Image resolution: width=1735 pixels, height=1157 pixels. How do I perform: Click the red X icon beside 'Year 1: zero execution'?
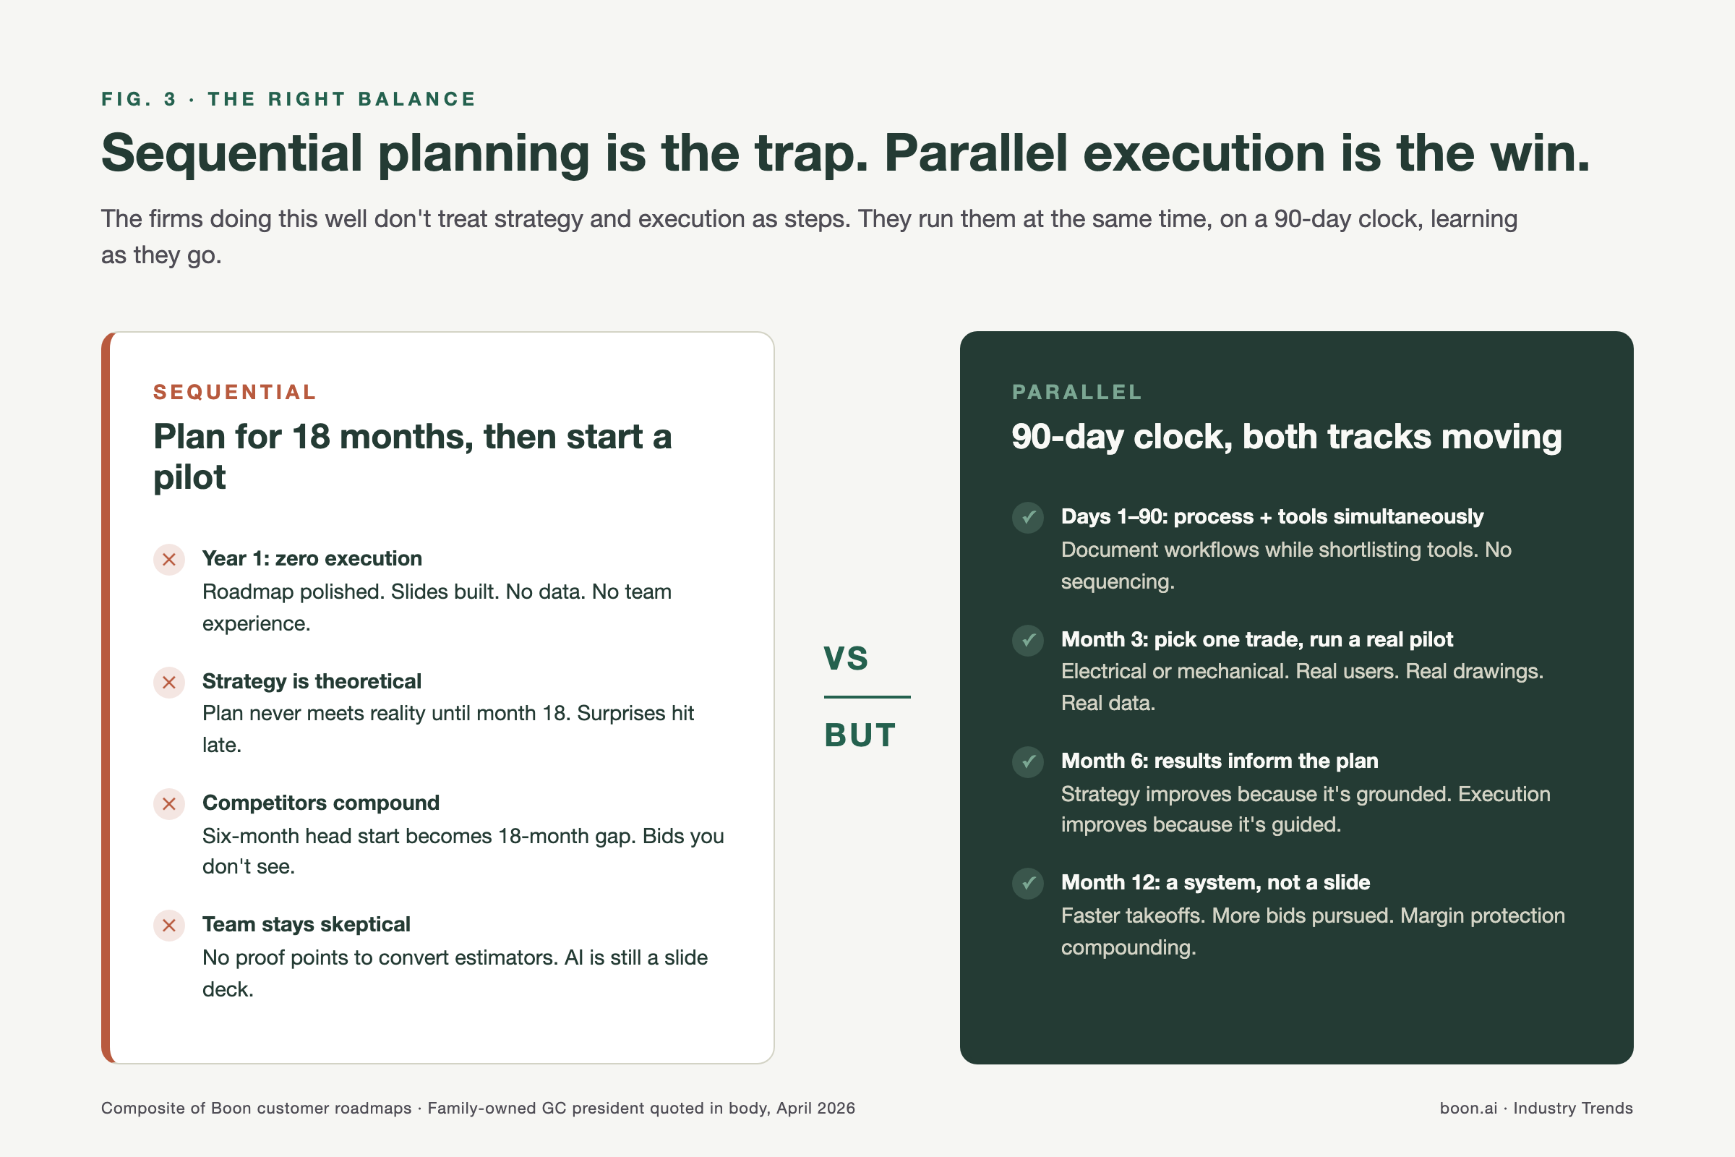point(169,559)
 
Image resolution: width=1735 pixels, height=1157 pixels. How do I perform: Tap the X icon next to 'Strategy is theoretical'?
point(169,682)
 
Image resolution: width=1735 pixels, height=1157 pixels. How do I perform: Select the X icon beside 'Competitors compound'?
point(169,803)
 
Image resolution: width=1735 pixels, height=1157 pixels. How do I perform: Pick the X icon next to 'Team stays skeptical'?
point(169,926)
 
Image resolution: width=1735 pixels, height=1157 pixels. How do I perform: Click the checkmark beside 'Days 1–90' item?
point(1027,517)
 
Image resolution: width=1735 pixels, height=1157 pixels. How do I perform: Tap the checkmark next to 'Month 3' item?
point(1027,640)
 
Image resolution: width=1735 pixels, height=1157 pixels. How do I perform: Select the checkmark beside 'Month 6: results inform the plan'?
point(1027,761)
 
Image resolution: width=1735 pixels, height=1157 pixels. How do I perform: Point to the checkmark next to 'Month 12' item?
point(1027,883)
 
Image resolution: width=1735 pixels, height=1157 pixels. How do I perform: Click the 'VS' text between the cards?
point(846,658)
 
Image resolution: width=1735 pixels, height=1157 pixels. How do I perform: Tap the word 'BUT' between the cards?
point(860,735)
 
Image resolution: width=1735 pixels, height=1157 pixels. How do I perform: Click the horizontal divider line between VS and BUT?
point(867,696)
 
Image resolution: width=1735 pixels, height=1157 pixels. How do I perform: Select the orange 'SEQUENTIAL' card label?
point(234,392)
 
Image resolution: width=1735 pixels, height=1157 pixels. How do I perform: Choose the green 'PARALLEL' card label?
point(1077,392)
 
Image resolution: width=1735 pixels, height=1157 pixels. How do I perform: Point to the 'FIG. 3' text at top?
point(139,99)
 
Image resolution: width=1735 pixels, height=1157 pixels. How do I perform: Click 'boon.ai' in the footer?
point(1469,1108)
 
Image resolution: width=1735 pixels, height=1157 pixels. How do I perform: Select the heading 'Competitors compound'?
point(321,803)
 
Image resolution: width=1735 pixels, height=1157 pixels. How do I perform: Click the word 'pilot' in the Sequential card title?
point(189,477)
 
